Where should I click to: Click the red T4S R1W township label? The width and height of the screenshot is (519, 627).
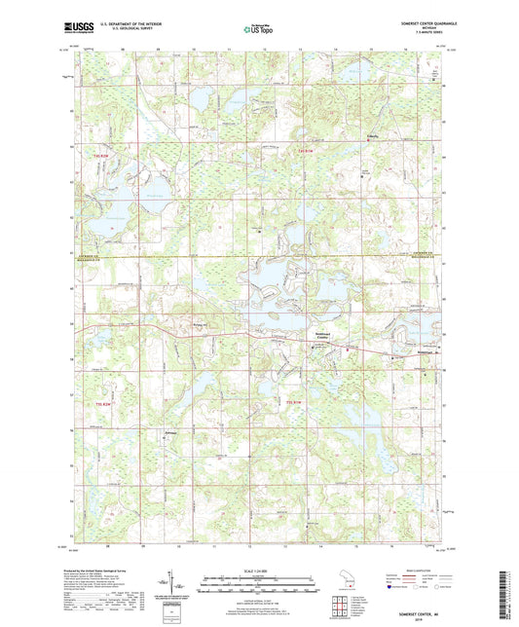point(308,151)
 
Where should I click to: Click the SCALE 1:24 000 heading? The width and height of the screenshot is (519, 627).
point(258,570)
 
